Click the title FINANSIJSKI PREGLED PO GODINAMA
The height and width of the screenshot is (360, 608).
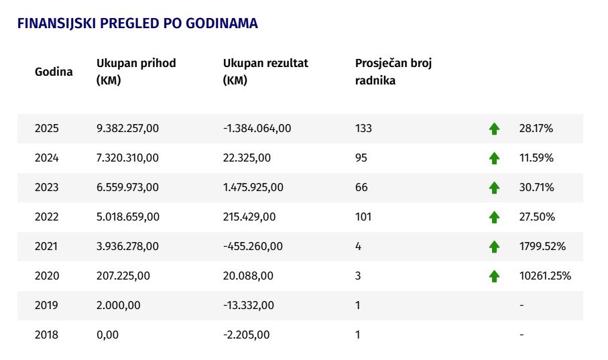point(137,23)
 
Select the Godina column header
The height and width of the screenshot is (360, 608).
point(54,72)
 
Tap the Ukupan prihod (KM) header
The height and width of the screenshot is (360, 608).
point(136,71)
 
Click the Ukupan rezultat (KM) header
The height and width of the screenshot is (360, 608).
point(265,71)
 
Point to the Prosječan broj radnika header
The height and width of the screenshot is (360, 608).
point(393,71)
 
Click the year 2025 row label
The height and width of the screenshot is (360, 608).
point(46,129)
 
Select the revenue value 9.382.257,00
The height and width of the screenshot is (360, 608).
point(127,129)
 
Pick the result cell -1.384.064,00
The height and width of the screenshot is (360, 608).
point(257,129)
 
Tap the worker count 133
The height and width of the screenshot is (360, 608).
point(363,129)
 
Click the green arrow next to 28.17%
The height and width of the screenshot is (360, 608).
point(494,129)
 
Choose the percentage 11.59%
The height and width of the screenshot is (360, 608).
point(536,158)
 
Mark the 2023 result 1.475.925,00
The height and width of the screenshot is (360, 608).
point(253,187)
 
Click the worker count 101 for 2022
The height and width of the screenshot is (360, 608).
point(363,217)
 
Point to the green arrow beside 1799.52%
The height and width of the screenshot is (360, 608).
point(494,247)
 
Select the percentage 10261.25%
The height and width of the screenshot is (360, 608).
point(545,276)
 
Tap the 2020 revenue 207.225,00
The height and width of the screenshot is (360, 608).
point(123,276)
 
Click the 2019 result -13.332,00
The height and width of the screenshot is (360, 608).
point(249,305)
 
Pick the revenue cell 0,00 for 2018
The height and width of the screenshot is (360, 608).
point(108,335)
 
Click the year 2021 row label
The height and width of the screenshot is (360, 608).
point(46,246)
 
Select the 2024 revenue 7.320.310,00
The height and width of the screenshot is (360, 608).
point(127,158)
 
